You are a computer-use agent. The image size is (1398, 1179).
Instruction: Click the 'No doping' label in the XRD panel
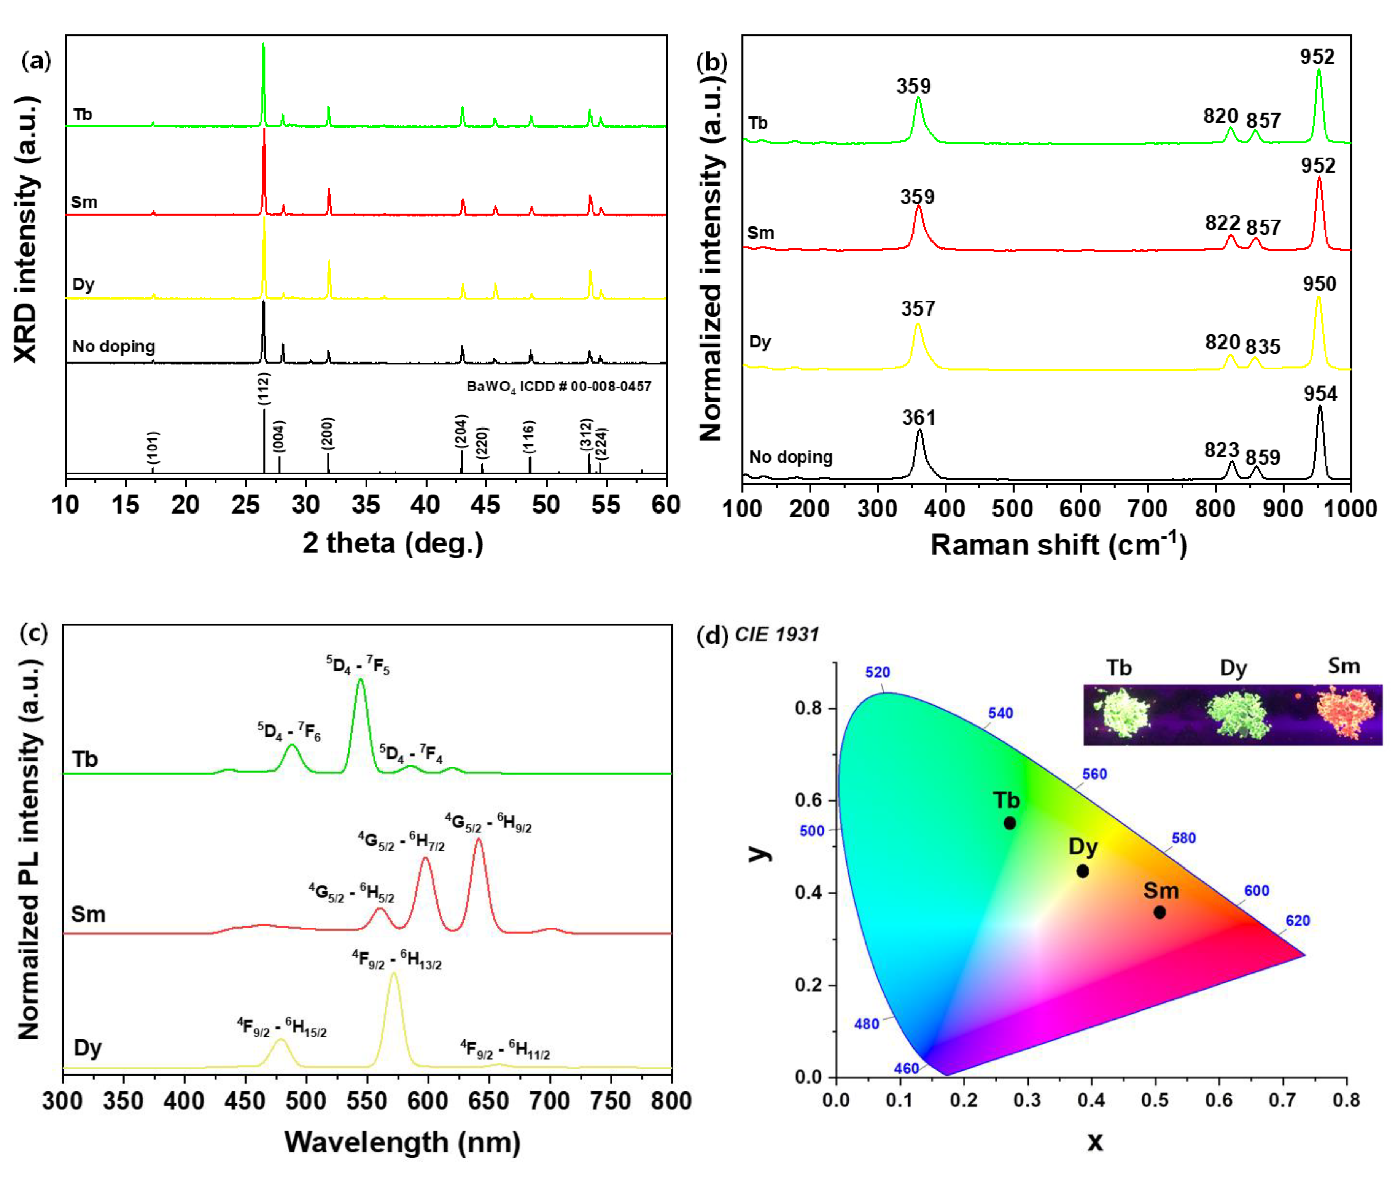point(114,346)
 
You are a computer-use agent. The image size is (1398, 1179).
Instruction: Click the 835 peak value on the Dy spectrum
point(1262,346)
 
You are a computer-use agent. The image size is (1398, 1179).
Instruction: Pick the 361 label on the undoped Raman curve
point(919,418)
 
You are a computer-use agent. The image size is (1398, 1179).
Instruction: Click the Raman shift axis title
point(1059,545)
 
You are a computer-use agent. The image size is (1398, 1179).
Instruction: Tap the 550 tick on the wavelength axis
point(367,1101)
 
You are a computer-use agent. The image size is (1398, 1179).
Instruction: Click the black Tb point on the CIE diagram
point(1010,823)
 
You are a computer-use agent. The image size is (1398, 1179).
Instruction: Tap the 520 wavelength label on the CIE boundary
point(878,672)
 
